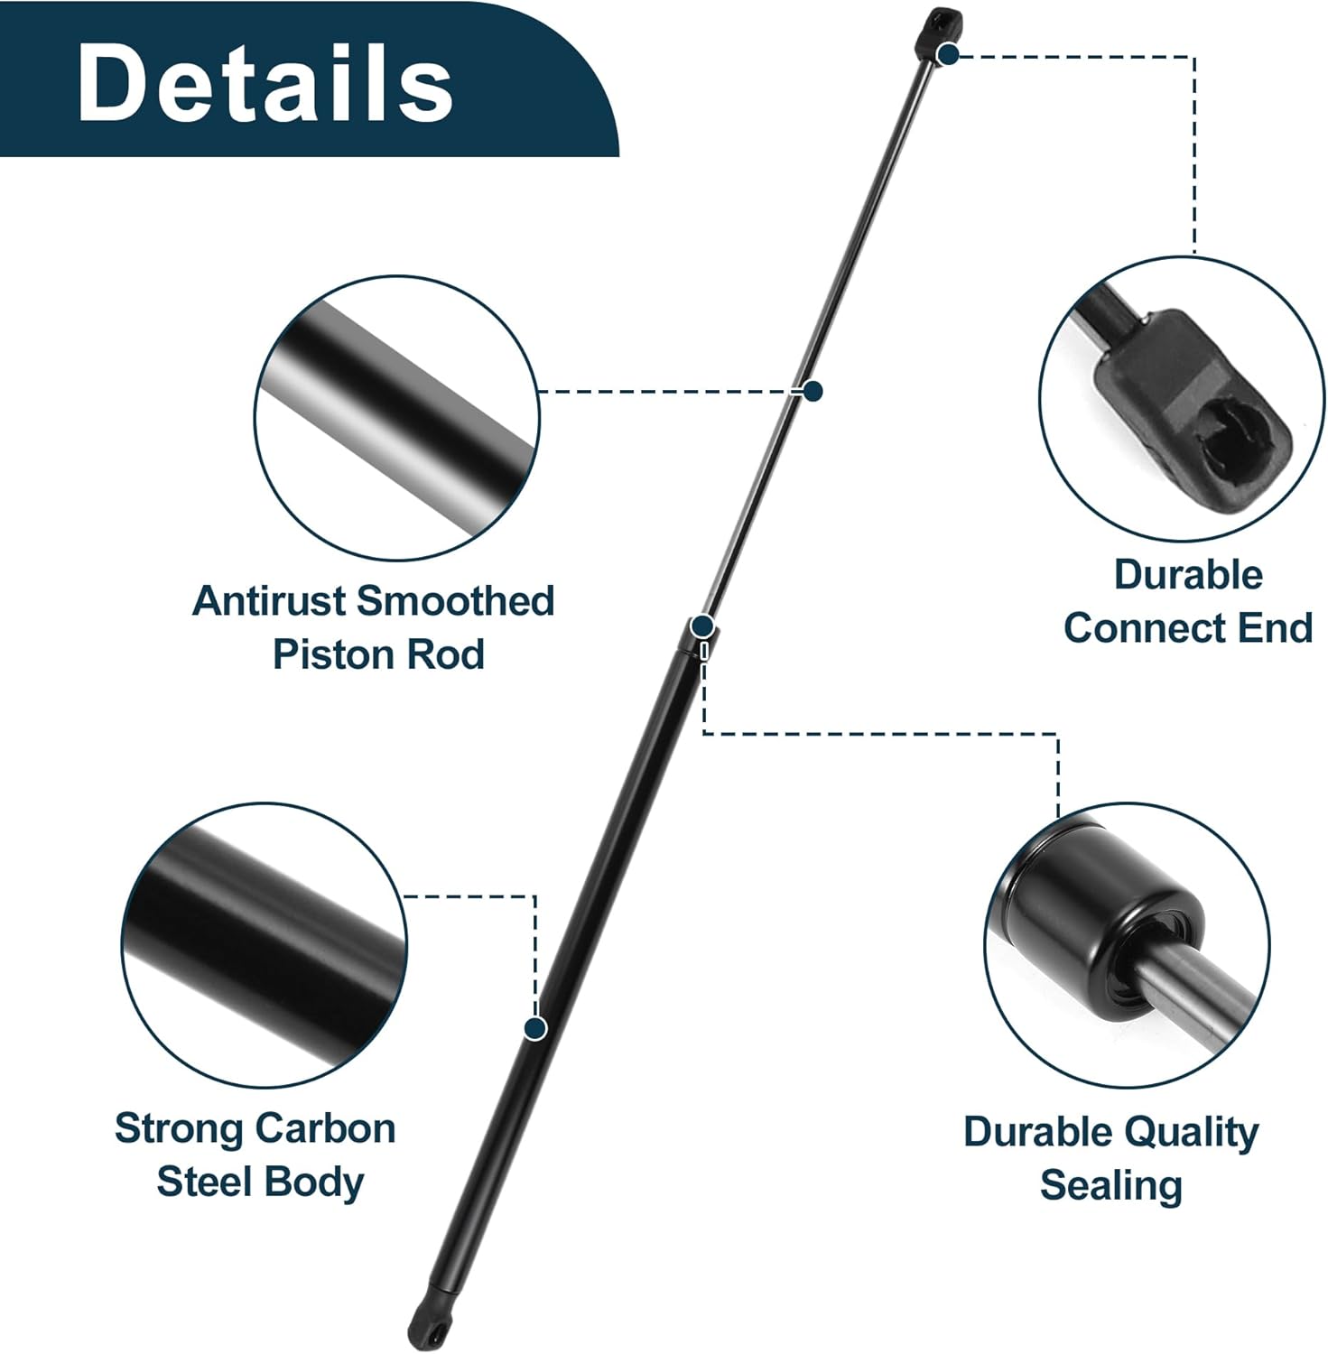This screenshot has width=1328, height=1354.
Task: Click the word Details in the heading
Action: [265, 83]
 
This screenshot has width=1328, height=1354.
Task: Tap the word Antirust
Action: [271, 601]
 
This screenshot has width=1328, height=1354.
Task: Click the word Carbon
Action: [325, 1128]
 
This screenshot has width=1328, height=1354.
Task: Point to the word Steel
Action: [204, 1182]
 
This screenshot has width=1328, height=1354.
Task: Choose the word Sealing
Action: [1110, 1185]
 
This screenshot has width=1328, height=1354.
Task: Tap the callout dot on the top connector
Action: [947, 55]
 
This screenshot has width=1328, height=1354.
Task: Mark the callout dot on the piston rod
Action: [813, 391]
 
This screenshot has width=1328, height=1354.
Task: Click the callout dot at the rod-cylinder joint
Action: [702, 626]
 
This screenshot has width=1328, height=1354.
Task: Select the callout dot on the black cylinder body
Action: [536, 1028]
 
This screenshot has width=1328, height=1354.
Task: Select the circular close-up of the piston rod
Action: [397, 418]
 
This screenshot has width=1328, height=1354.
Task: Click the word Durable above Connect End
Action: [1187, 575]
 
